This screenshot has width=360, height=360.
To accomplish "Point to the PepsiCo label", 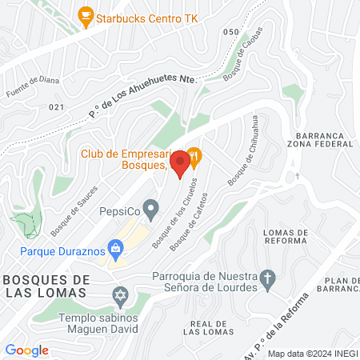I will pos(119,212).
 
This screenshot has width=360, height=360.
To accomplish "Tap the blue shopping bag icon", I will pos(117,250).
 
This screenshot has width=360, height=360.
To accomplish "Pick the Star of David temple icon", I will pos(121,294).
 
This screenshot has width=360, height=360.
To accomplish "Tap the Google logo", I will pos(26,350).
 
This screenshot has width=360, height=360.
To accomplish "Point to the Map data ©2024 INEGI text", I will pos(311,354).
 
